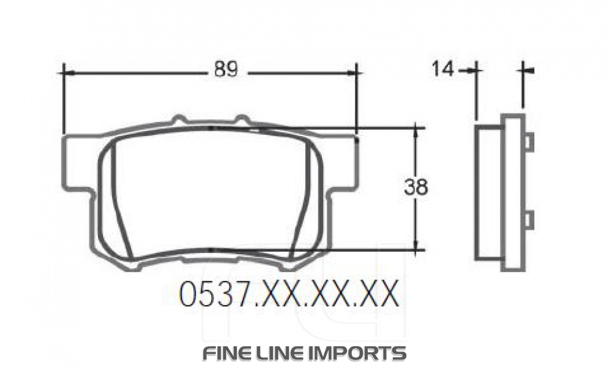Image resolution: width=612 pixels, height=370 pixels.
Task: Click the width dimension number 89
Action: coord(225,70)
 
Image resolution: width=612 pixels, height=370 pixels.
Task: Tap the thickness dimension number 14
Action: coord(443,69)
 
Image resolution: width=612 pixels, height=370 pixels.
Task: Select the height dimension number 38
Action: coord(416,187)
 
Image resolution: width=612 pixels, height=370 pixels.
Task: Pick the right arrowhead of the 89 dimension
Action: coord(351,73)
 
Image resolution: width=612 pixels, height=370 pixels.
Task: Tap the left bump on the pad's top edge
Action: coord(179,118)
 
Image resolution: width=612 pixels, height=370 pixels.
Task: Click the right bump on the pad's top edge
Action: coord(242,118)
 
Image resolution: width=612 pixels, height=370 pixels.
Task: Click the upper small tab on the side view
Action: coord(529,142)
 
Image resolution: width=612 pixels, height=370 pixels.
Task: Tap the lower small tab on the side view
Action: coord(529,219)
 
